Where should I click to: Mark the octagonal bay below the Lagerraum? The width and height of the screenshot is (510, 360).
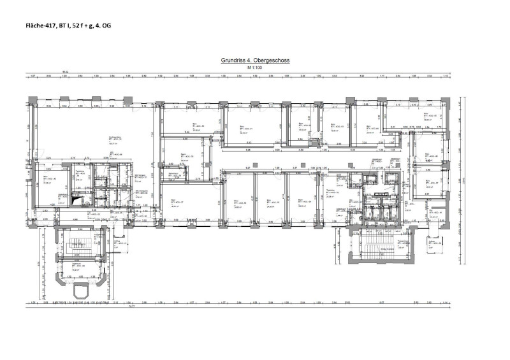point(82,291)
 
